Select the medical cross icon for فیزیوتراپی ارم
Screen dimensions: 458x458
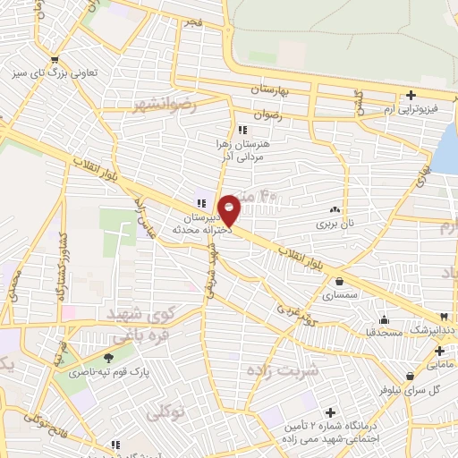pos(411,95)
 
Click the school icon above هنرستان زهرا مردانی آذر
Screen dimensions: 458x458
pos(242,130)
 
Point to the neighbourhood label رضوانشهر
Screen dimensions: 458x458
pos(164,106)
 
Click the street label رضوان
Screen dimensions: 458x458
pos(269,116)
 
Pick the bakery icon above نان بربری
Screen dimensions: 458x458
pos(335,208)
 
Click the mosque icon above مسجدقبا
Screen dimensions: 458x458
pos(385,320)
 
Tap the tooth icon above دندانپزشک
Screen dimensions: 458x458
pos(444,318)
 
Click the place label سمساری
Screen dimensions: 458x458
pos(339,294)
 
